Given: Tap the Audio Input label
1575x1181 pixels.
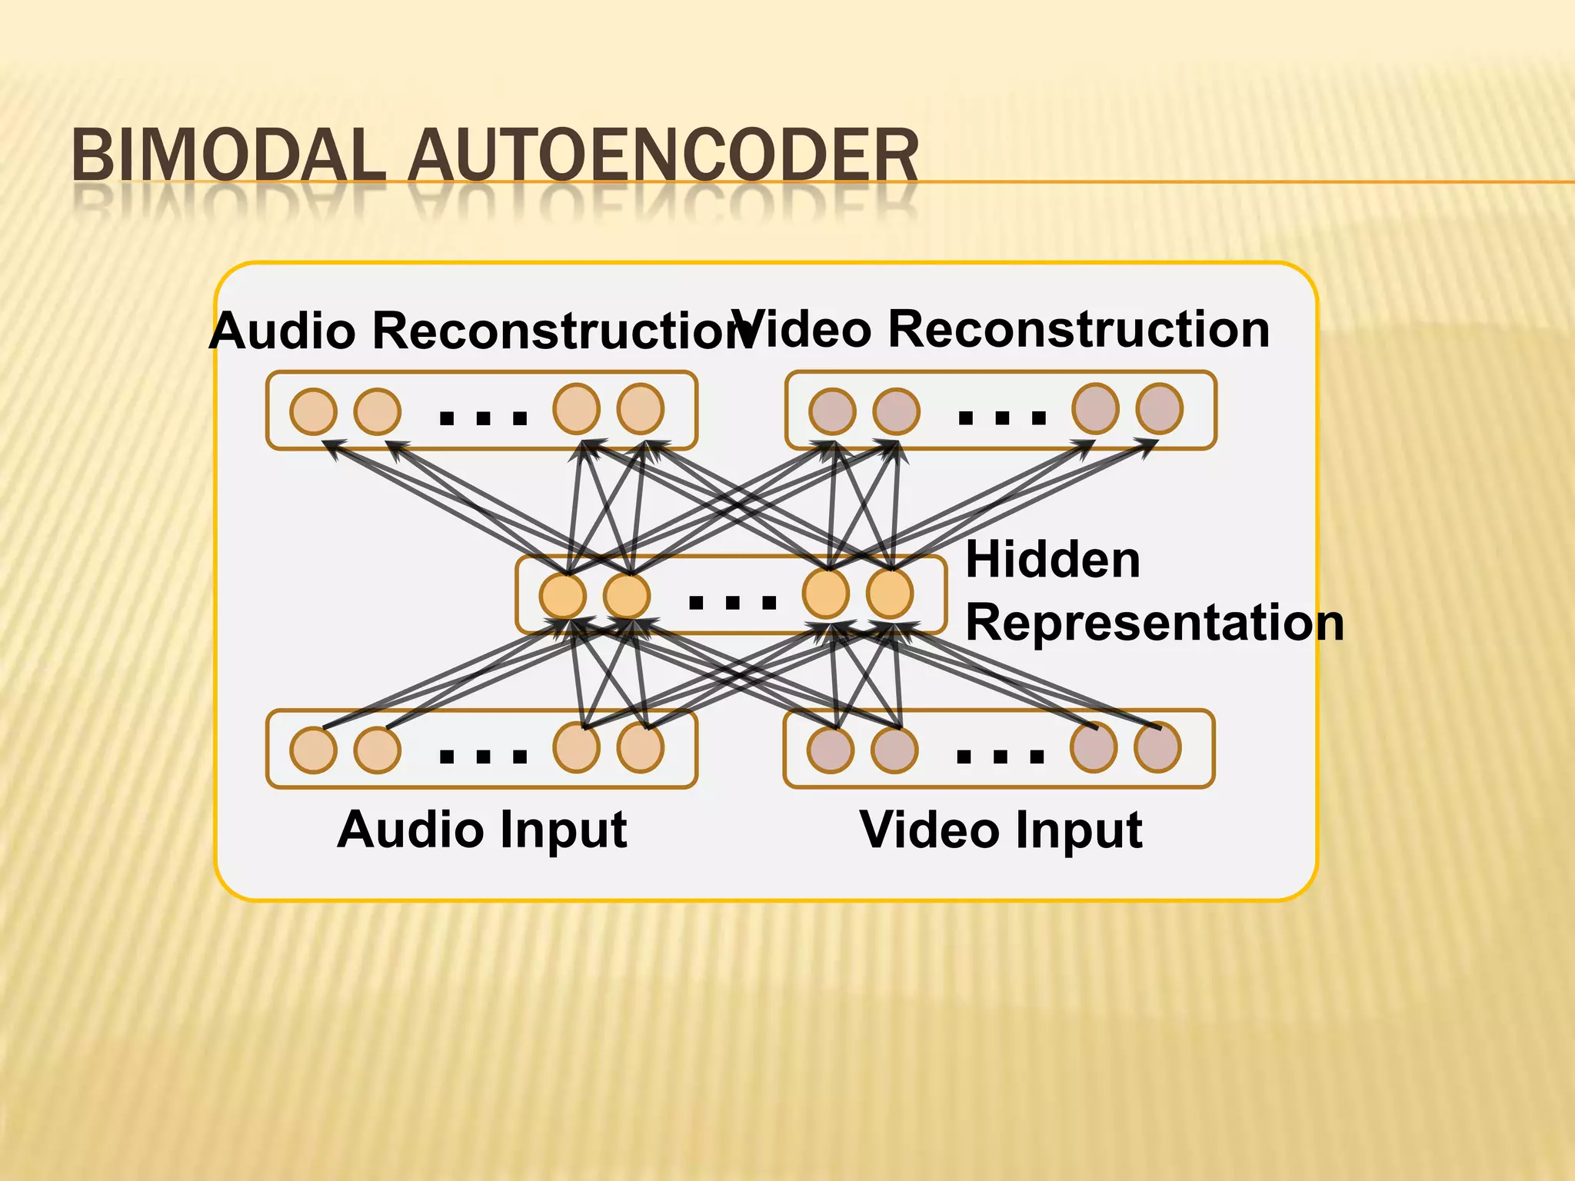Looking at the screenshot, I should (482, 830).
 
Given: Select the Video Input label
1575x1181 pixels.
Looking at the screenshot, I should (1001, 830).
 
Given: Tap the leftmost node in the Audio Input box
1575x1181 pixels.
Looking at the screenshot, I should (313, 750).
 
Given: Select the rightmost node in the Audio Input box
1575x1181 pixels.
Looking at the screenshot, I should (641, 747).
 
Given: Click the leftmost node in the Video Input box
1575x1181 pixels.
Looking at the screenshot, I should (831, 750).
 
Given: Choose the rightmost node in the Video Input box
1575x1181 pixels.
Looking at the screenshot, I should (1157, 747).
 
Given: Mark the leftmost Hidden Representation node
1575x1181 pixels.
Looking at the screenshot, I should (563, 596).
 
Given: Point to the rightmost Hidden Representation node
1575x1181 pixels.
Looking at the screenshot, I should (890, 594).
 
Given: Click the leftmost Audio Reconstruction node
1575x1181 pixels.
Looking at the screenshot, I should (313, 411).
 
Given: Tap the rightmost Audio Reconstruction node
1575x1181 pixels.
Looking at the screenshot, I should (641, 409).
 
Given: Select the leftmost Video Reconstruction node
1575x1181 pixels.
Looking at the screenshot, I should (832, 411).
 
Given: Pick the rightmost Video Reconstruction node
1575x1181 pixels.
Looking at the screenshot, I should (1160, 409).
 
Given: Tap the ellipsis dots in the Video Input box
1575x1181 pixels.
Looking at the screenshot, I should (1000, 757).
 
